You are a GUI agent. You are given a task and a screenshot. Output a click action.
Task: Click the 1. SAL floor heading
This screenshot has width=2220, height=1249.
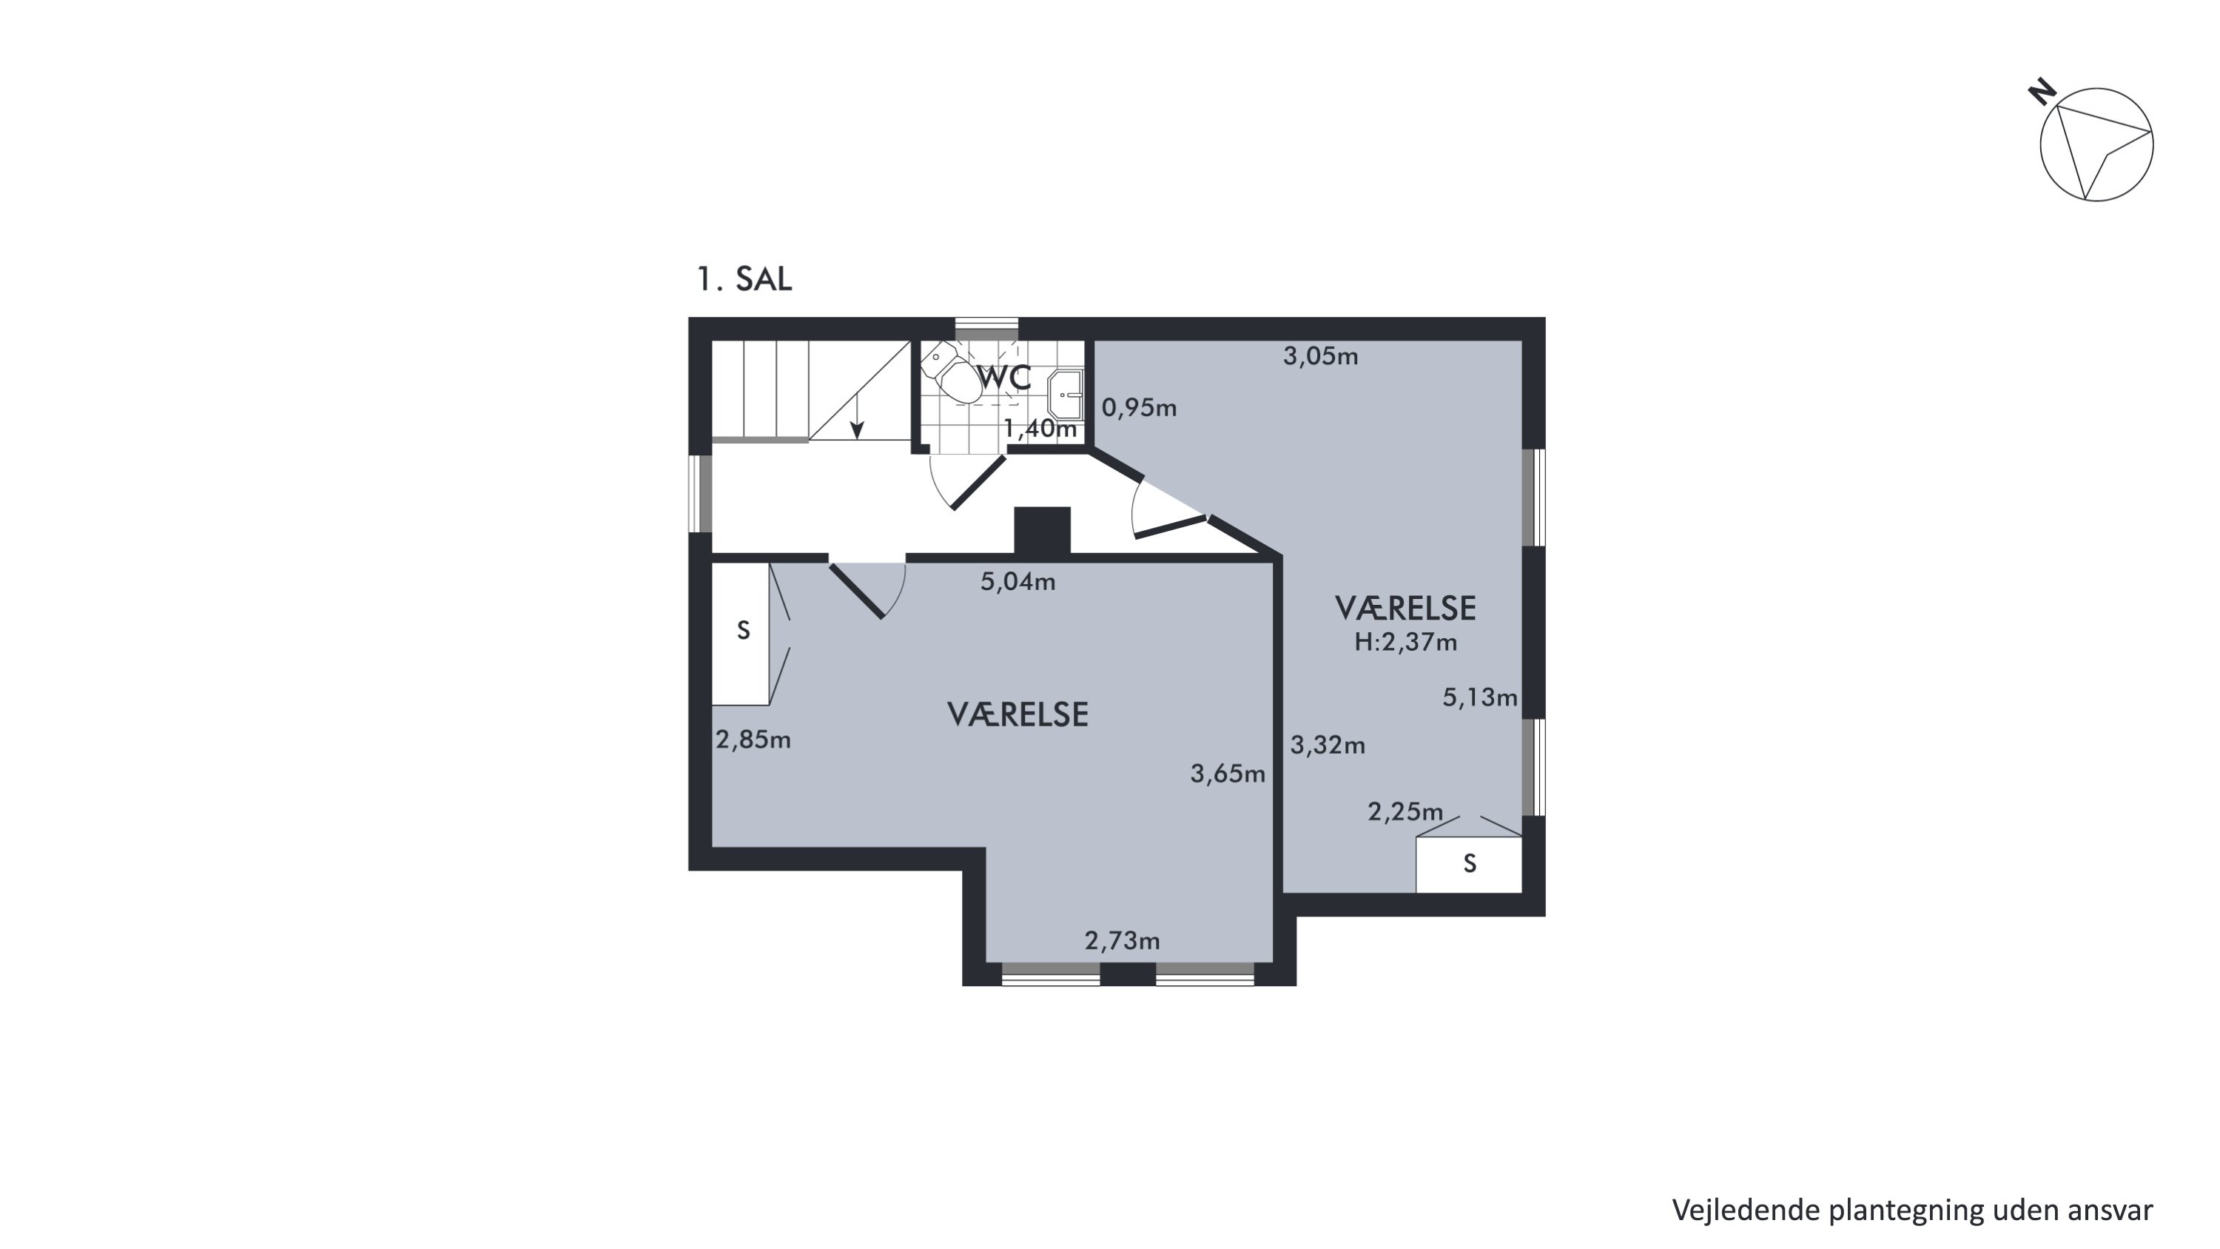tap(744, 279)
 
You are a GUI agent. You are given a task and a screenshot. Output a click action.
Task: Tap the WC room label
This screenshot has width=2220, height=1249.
tap(1004, 378)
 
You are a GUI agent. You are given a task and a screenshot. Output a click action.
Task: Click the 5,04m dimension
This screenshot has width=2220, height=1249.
tap(1017, 582)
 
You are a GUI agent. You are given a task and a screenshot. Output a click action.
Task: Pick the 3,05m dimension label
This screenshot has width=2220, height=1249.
tap(1320, 356)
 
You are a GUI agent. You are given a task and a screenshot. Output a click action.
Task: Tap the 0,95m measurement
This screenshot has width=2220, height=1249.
tap(1140, 408)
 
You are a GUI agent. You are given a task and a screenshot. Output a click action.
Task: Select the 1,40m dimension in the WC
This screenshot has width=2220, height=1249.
tap(1040, 429)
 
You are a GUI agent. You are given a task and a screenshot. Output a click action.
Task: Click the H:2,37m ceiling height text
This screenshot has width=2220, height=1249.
tap(1405, 642)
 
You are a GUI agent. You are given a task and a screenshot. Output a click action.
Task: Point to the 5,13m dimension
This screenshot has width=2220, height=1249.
tap(1480, 697)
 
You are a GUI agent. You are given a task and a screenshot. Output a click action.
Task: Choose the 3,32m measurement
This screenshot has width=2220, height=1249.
tap(1327, 745)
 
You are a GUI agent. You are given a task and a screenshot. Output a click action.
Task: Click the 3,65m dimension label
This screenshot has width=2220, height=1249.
tap(1228, 774)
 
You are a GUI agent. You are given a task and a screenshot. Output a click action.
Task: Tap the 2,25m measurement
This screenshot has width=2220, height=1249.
tap(1405, 812)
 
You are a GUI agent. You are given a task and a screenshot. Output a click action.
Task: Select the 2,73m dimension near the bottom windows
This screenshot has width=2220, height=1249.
tap(1122, 940)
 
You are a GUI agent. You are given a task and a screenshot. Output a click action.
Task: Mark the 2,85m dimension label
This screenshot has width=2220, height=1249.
tap(753, 740)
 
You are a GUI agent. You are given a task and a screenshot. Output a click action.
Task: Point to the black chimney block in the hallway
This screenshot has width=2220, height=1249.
tap(1042, 531)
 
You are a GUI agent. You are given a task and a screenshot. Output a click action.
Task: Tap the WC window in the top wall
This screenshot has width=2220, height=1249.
tap(986, 329)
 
